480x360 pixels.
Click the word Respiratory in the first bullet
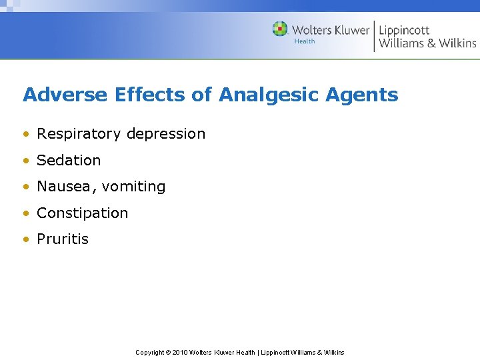point(79,134)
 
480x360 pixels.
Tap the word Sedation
point(69,160)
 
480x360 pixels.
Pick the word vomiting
point(133,187)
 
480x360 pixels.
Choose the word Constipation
point(82,213)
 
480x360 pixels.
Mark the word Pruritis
point(63,239)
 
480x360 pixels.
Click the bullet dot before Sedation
point(25,161)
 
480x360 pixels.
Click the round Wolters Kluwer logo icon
point(280,29)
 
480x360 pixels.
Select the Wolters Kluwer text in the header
point(330,30)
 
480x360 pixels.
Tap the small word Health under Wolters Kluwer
point(305,41)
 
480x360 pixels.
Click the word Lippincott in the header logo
point(404,30)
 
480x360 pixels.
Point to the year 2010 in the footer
point(179,352)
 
